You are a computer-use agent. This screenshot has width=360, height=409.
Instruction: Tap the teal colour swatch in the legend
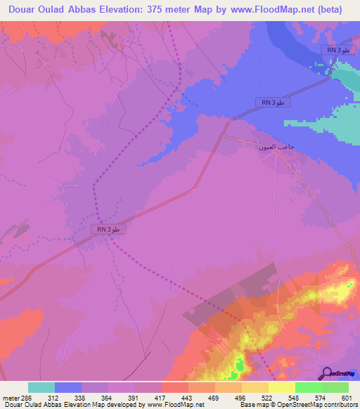tap(41, 387)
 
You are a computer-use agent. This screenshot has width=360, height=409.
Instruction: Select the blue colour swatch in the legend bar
tap(68, 387)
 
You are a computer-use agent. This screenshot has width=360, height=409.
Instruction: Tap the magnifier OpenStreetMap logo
tap(326, 372)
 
